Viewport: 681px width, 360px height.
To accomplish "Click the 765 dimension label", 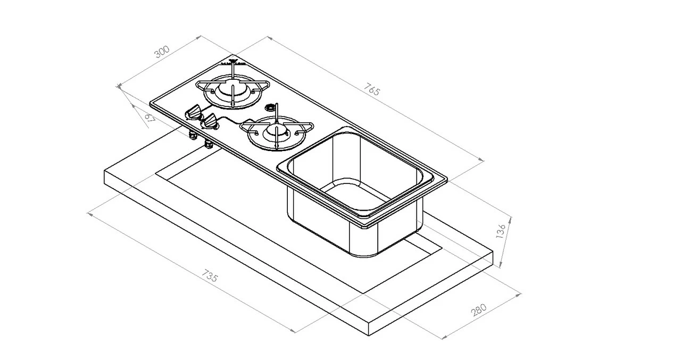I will pyautogui.click(x=373, y=89).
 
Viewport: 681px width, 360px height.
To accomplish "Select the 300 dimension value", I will pyautogui.click(x=162, y=52).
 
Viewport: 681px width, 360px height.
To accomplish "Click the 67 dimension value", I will pyautogui.click(x=150, y=118).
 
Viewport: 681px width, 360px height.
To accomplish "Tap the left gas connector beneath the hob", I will pyautogui.click(x=193, y=136).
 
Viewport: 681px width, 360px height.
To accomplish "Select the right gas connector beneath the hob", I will pyautogui.click(x=208, y=144).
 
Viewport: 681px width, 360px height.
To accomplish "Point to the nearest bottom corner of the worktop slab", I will pyautogui.click(x=370, y=335).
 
